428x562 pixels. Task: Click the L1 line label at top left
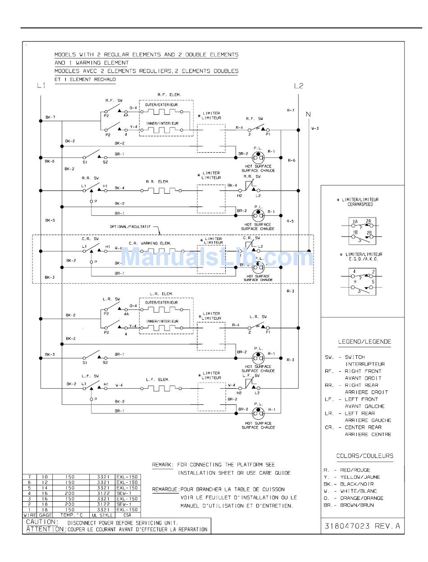pos(41,86)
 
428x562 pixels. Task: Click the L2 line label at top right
pos(299,86)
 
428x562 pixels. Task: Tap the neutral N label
pos(309,114)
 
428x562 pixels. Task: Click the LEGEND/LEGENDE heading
pos(364,342)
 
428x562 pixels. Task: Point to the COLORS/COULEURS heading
pos(364,456)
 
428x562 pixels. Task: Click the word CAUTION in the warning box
pos(42,522)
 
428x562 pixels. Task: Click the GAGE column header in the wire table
pos(45,515)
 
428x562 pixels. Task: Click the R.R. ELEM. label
pos(157,181)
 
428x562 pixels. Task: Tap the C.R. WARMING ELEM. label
pos(152,243)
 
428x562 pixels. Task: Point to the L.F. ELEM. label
pos(157,380)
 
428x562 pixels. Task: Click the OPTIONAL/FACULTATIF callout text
pos(131,227)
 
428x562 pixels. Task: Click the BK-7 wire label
pos(50,118)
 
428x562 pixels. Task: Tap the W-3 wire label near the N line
pos(315,128)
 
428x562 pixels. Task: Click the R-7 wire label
pos(291,110)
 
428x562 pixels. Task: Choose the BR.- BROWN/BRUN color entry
pos(349,505)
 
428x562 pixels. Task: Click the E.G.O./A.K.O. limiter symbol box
pos(362,281)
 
